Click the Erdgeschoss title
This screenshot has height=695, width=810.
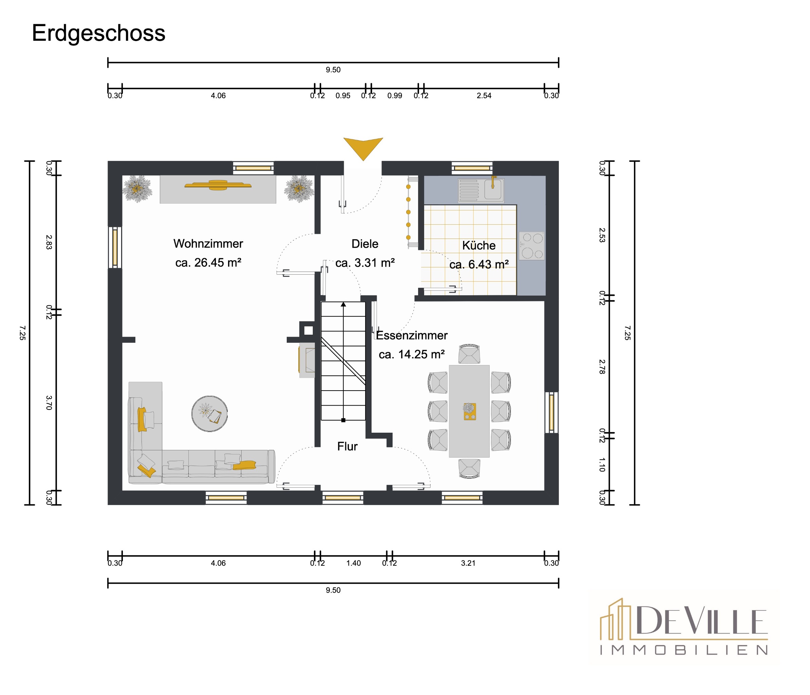click(x=98, y=34)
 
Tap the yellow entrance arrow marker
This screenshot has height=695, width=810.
click(x=363, y=147)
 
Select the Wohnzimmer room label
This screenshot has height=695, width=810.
click(x=208, y=244)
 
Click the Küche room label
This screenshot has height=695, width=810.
click(x=479, y=245)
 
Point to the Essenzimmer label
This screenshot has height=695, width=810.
click(x=412, y=335)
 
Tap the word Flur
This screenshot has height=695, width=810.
click(x=347, y=446)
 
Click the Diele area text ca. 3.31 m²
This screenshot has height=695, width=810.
click(x=365, y=263)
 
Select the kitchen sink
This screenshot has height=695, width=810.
click(x=481, y=190)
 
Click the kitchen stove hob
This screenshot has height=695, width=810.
click(x=532, y=246)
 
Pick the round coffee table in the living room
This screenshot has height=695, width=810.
click(x=209, y=414)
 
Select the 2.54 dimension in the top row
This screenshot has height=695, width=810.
click(x=484, y=95)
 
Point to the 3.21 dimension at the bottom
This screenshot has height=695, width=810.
click(x=468, y=563)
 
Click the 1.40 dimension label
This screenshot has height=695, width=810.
click(x=353, y=563)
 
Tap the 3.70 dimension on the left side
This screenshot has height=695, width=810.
click(x=49, y=402)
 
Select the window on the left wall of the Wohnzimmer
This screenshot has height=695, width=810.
click(x=115, y=247)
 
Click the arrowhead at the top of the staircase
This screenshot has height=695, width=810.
click(x=343, y=304)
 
